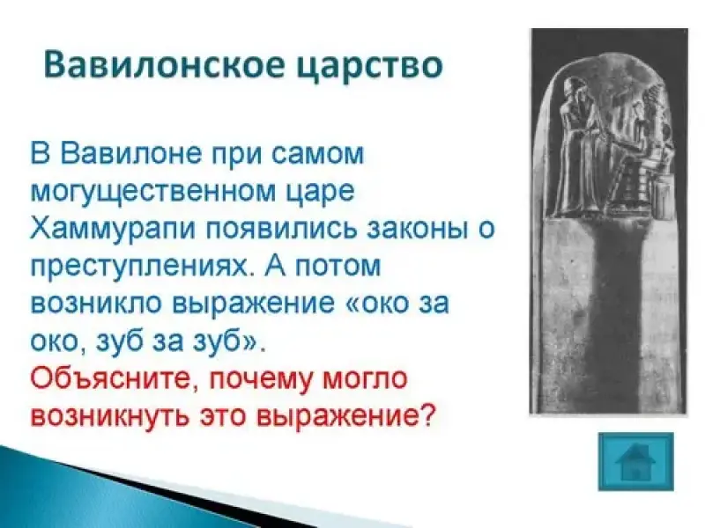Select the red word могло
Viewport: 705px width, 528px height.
pyautogui.click(x=366, y=378)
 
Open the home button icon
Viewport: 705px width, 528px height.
pyautogui.click(x=635, y=461)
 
